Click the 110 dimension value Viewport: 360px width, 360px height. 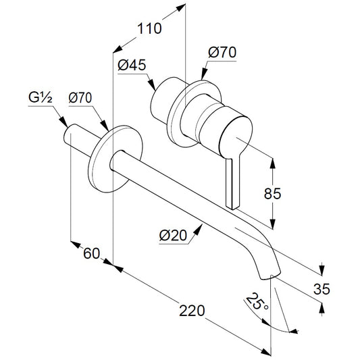[x=149, y=28]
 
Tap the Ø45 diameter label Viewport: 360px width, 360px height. [x=132, y=65]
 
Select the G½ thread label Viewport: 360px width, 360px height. [x=41, y=97]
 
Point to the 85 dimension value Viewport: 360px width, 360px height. [x=272, y=193]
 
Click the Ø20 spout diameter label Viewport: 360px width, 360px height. [x=174, y=235]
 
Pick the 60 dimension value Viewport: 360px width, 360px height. [x=92, y=253]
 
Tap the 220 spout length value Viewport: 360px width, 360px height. [x=192, y=311]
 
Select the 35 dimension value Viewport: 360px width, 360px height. [x=322, y=289]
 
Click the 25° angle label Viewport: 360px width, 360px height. [x=257, y=302]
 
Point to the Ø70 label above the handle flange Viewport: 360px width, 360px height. [x=222, y=53]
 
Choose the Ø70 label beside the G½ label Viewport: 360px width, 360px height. [x=80, y=97]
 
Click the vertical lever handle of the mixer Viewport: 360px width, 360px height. [x=233, y=182]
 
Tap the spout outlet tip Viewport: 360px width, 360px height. [x=270, y=275]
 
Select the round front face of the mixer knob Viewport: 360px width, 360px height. [x=236, y=137]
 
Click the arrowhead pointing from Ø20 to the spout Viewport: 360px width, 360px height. [x=199, y=230]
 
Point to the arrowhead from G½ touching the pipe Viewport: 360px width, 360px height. [x=63, y=122]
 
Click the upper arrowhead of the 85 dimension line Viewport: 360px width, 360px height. [x=272, y=163]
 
